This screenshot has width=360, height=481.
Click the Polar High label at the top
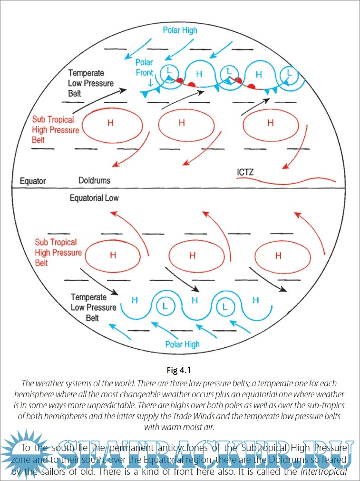(180, 30)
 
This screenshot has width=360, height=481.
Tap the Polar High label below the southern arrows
(182, 344)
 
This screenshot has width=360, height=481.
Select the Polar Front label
(144, 68)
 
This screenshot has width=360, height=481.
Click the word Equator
(33, 181)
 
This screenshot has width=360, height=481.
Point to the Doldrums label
(94, 181)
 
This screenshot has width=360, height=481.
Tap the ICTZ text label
(245, 172)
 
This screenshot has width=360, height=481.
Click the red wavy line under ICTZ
(285, 181)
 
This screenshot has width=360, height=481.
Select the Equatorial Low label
(94, 198)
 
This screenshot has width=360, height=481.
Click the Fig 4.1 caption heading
(180, 369)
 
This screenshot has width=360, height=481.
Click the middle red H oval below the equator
(192, 255)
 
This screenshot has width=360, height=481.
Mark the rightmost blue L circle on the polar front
(289, 74)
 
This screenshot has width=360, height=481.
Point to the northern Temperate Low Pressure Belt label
(91, 83)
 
